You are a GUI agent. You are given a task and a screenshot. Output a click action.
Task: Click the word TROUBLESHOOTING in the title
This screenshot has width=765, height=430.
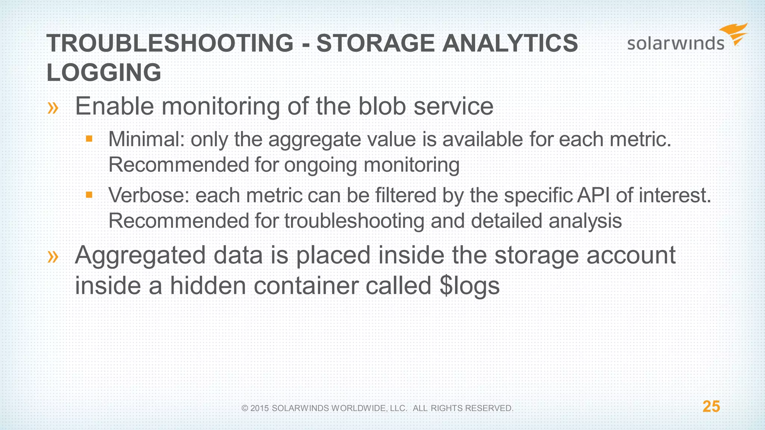click(170, 43)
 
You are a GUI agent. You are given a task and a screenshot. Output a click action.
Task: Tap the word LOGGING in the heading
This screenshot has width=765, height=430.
click(104, 72)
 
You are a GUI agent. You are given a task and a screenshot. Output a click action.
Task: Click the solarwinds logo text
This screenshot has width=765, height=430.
click(675, 43)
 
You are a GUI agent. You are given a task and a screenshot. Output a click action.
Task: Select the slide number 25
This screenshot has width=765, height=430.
click(711, 406)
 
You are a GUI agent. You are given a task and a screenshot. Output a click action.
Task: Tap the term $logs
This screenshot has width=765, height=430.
click(470, 286)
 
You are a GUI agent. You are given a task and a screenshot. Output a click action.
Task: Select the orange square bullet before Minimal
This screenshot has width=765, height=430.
click(89, 139)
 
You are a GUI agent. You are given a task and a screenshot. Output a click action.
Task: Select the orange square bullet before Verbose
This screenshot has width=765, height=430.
click(89, 195)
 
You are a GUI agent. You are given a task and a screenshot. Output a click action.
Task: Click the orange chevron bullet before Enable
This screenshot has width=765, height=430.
click(53, 108)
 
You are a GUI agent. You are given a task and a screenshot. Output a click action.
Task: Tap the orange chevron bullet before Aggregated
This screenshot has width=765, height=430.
click(53, 257)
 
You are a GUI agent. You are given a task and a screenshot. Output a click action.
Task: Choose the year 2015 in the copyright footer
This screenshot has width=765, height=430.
click(260, 408)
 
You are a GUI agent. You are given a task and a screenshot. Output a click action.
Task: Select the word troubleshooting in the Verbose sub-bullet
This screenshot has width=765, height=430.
click(354, 221)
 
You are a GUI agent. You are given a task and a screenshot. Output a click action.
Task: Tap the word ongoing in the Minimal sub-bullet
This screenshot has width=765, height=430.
click(320, 165)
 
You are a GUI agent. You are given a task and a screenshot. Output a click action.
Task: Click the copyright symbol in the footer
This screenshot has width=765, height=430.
click(245, 408)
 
